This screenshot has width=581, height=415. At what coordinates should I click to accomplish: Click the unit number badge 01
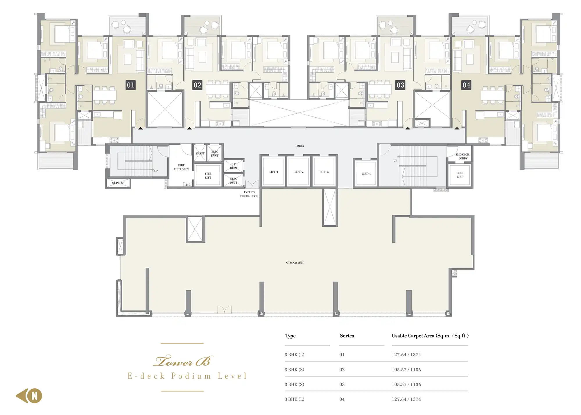[131, 85]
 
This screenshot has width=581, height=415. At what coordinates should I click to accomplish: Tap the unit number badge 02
[197, 85]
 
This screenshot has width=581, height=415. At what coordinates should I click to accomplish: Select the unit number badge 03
[400, 85]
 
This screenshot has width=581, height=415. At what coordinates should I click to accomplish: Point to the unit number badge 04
[466, 85]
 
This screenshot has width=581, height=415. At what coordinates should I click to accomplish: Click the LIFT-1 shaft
[274, 171]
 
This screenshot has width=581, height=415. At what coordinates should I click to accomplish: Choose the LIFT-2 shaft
[299, 171]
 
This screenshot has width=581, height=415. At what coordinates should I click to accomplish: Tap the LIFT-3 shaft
[324, 171]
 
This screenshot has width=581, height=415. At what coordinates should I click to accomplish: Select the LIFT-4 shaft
[366, 173]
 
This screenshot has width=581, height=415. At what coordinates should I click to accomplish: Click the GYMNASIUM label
[295, 263]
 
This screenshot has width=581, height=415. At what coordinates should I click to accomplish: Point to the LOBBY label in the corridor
[300, 146]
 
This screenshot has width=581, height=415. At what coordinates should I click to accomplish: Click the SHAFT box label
[200, 153]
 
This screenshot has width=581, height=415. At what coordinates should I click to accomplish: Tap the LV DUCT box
[234, 166]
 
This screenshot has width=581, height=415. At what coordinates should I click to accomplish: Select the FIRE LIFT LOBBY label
[181, 167]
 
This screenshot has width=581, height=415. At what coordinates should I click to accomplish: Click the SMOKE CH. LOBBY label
[463, 156]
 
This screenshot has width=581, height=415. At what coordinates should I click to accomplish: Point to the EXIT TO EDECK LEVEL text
[250, 194]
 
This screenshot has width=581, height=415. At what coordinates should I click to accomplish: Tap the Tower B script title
[183, 361]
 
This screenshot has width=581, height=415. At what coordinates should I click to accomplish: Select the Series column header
[347, 336]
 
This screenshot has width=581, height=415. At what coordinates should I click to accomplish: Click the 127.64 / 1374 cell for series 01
[406, 355]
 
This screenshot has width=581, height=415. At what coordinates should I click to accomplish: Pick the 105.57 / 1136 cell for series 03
[406, 384]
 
